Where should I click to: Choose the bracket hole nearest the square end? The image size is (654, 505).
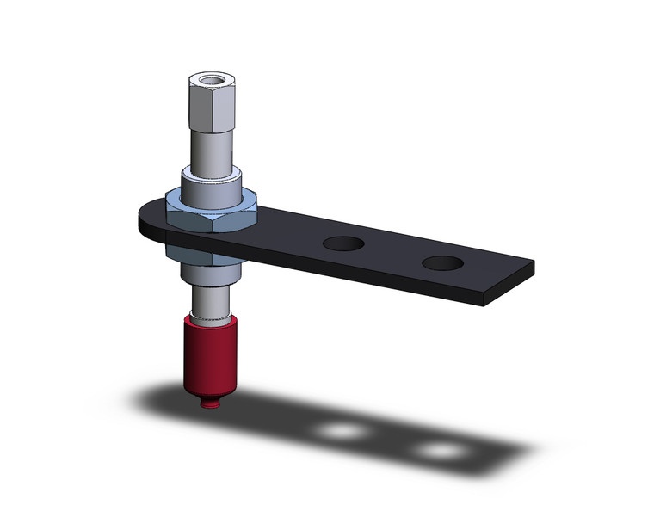click(x=441, y=262)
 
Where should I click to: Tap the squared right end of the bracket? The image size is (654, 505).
click(x=516, y=274)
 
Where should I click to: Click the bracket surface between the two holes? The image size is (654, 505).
click(x=392, y=251)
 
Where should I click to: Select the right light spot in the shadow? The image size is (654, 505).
click(x=439, y=450)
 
